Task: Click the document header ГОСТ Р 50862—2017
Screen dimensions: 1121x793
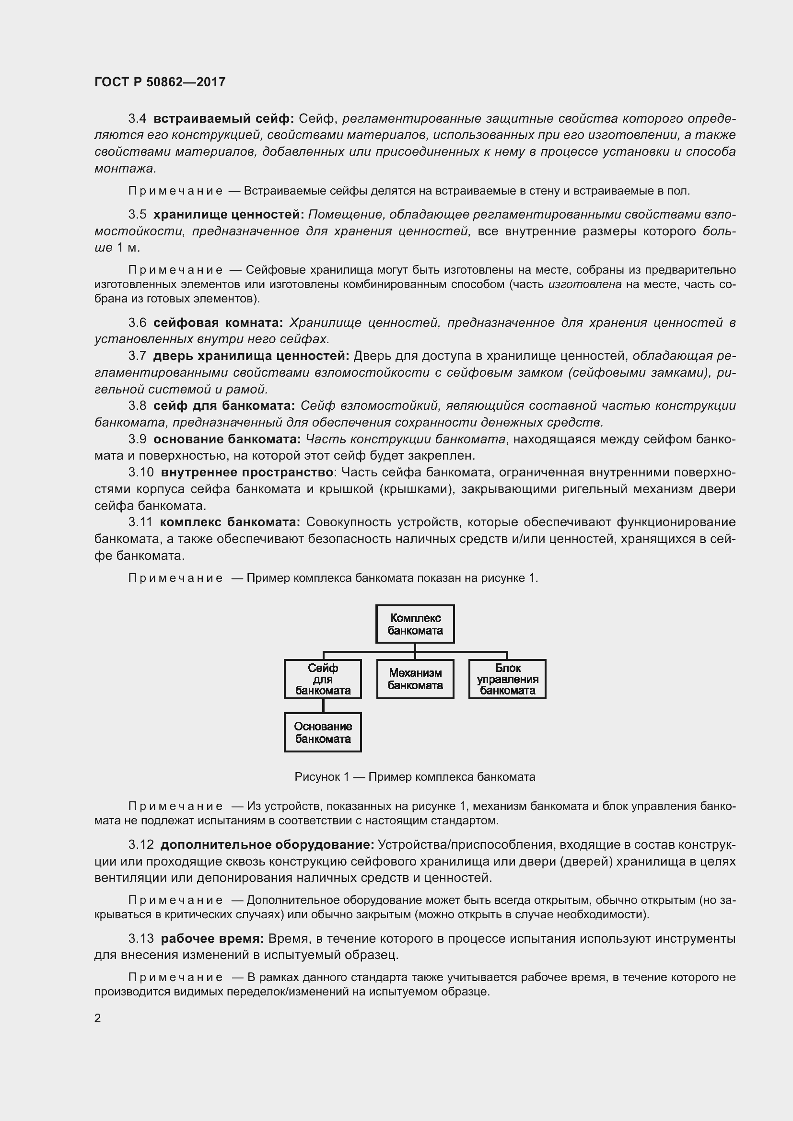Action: point(160,82)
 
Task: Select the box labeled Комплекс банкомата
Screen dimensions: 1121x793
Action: point(415,624)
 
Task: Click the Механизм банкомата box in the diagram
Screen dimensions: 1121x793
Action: point(415,679)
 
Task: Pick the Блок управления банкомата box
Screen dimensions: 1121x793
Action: point(507,679)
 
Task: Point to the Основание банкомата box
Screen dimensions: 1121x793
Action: point(323,732)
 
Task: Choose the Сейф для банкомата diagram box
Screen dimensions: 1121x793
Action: point(323,679)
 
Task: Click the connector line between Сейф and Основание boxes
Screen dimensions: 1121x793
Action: point(323,705)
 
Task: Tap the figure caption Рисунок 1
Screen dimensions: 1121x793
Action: point(415,777)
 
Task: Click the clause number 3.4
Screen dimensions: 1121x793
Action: point(137,119)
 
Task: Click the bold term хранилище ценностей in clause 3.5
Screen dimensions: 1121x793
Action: point(229,214)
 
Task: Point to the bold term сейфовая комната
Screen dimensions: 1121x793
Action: point(218,323)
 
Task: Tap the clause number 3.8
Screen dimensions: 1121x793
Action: point(137,406)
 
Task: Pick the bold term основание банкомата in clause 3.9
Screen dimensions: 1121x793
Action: point(227,439)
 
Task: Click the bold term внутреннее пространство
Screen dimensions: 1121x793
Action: point(247,472)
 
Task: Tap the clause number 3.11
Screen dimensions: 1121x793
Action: point(140,522)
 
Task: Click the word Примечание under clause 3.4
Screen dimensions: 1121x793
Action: point(175,191)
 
